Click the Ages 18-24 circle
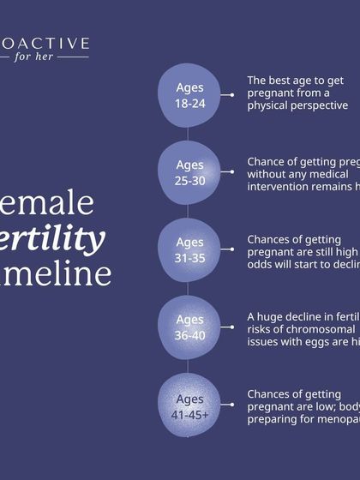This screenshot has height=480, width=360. point(189,94)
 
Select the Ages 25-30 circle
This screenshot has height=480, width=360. point(189,172)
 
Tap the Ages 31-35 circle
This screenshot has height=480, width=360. point(189,249)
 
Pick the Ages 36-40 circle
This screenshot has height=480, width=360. point(189,327)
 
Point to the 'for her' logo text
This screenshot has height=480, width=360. point(51,57)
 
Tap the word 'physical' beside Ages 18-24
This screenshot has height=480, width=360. point(271,105)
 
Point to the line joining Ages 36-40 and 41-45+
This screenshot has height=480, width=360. point(189,366)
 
